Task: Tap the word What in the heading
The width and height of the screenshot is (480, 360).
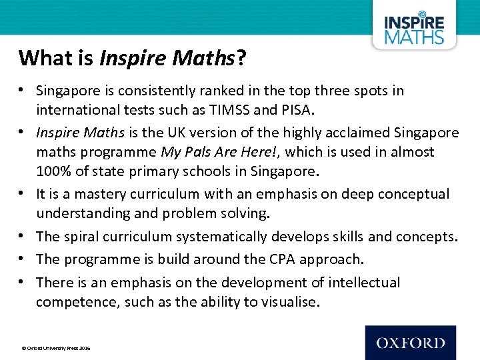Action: click(40, 58)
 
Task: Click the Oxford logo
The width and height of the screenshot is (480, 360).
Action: click(410, 343)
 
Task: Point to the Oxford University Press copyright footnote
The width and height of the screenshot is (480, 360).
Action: click(56, 348)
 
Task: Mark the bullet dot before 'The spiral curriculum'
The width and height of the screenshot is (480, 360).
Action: click(23, 236)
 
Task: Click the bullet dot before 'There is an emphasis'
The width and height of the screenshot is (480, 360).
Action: click(23, 281)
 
